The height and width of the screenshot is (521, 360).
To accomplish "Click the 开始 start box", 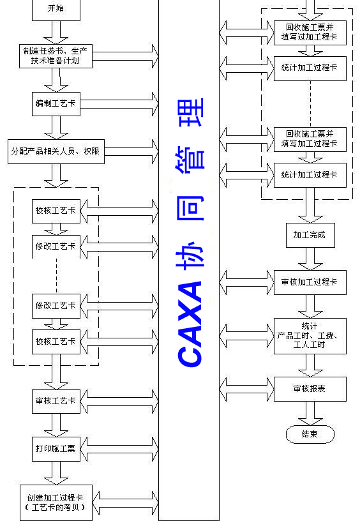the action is tap(56, 10).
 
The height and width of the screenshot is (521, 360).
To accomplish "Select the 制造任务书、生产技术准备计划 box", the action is tap(56, 56).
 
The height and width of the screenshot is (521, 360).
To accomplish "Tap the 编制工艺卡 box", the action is tap(56, 103).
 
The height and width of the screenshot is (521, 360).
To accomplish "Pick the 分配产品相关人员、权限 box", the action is tap(56, 151).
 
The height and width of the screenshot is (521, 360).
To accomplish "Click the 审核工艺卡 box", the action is tap(56, 402).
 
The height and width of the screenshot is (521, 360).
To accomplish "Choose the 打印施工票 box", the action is tap(56, 449).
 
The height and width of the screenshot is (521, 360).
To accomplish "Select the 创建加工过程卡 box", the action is tap(56, 502).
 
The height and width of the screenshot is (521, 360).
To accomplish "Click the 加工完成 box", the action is tap(310, 235).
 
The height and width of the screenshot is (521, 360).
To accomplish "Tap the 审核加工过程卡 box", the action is tap(310, 282).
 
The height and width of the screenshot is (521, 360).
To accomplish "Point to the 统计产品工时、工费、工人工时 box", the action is tap(310, 336).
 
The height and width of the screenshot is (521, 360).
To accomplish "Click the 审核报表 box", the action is tap(310, 389).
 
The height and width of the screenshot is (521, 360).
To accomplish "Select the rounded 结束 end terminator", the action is tap(310, 434).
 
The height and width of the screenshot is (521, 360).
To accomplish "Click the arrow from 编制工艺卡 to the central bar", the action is tap(119, 104).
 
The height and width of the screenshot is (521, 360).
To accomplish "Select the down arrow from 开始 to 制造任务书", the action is tap(56, 33).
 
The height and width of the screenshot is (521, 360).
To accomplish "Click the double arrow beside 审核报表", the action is tap(247, 389).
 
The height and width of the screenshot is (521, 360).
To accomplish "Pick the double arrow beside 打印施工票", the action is tap(119, 449).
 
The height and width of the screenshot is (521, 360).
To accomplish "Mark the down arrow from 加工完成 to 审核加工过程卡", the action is tap(310, 259).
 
